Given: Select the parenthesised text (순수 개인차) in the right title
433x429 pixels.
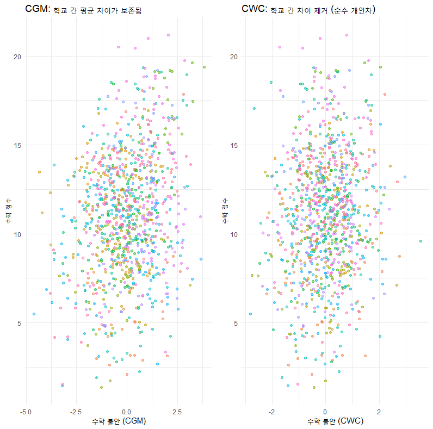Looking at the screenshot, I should (356, 10).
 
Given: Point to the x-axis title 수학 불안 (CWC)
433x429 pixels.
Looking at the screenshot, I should (335, 421).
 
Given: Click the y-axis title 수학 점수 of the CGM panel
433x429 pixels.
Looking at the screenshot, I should (8, 214).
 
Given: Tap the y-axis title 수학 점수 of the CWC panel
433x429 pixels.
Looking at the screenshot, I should (225, 214).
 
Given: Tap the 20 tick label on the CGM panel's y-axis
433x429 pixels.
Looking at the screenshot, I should (17, 57).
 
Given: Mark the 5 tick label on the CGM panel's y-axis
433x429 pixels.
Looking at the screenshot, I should (20, 323).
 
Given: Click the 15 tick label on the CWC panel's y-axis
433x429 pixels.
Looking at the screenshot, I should (234, 145).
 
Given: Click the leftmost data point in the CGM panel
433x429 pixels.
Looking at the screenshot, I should (34, 314).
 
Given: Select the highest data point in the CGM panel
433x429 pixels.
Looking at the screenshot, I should (169, 35).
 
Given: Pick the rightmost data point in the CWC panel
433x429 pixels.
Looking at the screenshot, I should (420, 241).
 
